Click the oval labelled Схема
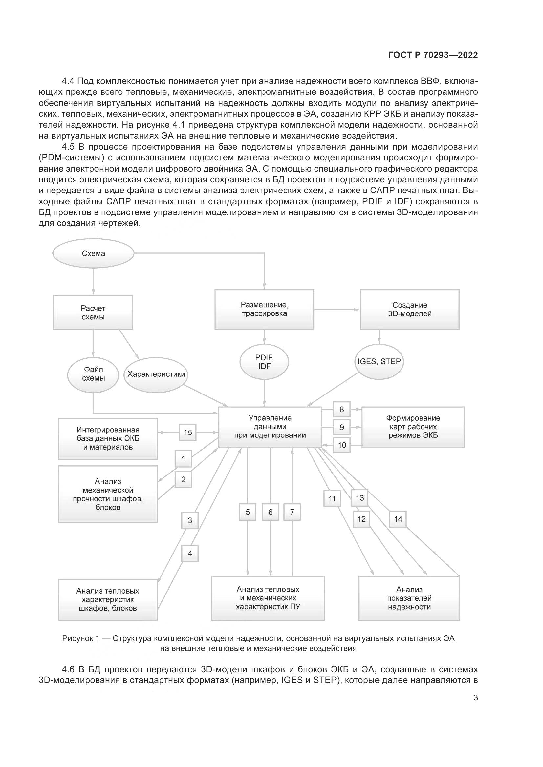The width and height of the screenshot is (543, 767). pos(93,253)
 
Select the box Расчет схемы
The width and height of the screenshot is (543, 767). pos(93,313)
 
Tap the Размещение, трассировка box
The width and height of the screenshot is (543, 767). pos(264,309)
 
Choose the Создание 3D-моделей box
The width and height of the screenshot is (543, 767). pos(409,309)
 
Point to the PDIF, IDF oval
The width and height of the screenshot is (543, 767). pos(264,362)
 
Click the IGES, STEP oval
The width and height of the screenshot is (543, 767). pos(379,361)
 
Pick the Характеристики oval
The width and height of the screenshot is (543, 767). pos(156,374)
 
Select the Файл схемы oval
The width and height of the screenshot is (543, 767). pos(93,374)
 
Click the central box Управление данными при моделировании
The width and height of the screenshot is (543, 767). pos(270,427)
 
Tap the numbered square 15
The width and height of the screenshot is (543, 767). pos(188,432)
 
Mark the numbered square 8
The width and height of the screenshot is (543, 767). pos(342,409)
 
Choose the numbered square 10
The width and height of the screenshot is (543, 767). pos(342,445)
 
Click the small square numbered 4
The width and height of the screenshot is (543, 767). pos(190,553)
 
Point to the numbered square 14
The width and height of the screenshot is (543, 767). pos(398,519)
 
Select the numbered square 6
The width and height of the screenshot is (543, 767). pos(271,512)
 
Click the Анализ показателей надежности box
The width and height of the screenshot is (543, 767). pos(409,598)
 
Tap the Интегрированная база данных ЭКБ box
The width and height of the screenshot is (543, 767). pos(108,439)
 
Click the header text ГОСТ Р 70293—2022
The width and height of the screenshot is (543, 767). pos(433,55)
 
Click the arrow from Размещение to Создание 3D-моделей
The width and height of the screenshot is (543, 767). pos(337,310)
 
